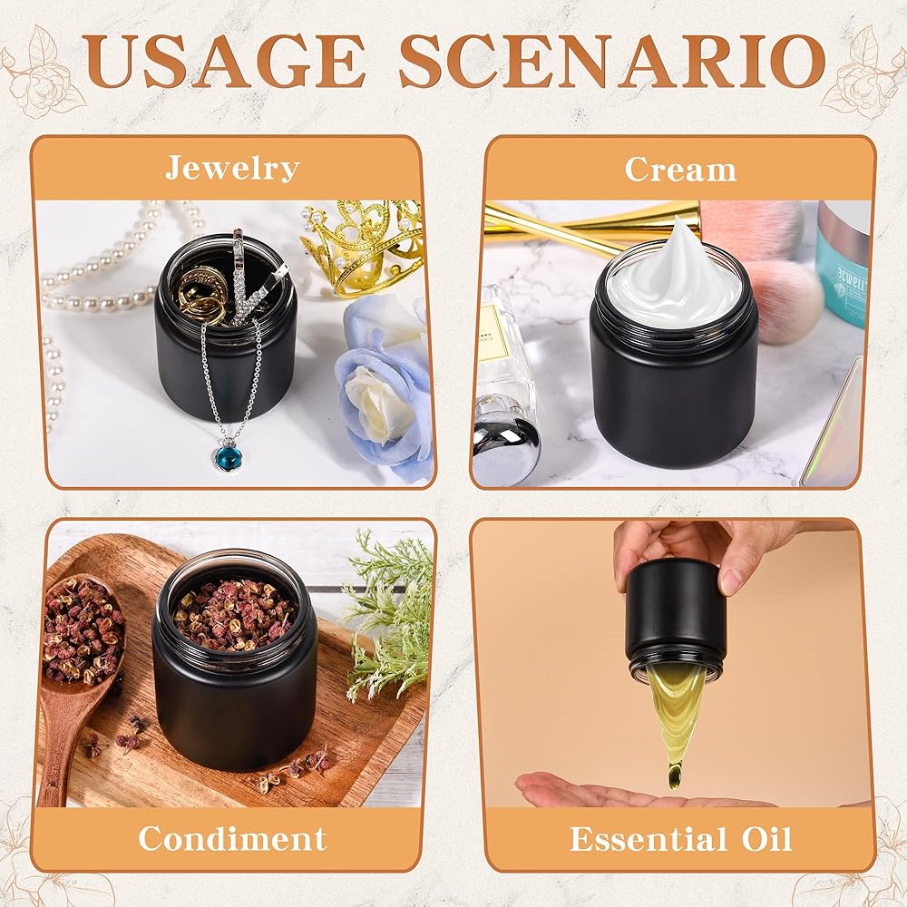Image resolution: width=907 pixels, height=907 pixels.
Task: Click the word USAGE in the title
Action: click(224, 61)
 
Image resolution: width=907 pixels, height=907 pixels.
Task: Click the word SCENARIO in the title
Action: click(612, 61)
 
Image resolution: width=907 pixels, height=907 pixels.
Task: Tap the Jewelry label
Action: click(232, 169)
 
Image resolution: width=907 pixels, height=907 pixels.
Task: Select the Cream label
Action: click(680, 170)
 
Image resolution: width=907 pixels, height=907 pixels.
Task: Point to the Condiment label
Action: click(232, 838)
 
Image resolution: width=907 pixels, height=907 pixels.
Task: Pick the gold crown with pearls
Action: click(363, 247)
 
